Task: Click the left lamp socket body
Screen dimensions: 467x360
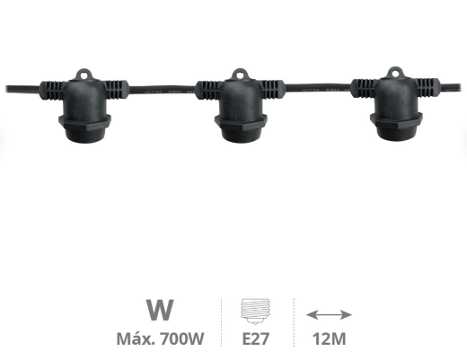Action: pyautogui.click(x=84, y=110)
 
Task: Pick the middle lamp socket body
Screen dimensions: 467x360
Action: pyautogui.click(x=240, y=110)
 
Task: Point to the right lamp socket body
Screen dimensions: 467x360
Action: pyautogui.click(x=396, y=109)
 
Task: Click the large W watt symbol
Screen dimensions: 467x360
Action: pyautogui.click(x=160, y=310)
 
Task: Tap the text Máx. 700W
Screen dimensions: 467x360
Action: pyautogui.click(x=160, y=338)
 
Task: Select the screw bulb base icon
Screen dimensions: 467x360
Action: pyautogui.click(x=255, y=312)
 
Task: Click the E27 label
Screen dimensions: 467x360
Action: pyautogui.click(x=255, y=338)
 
